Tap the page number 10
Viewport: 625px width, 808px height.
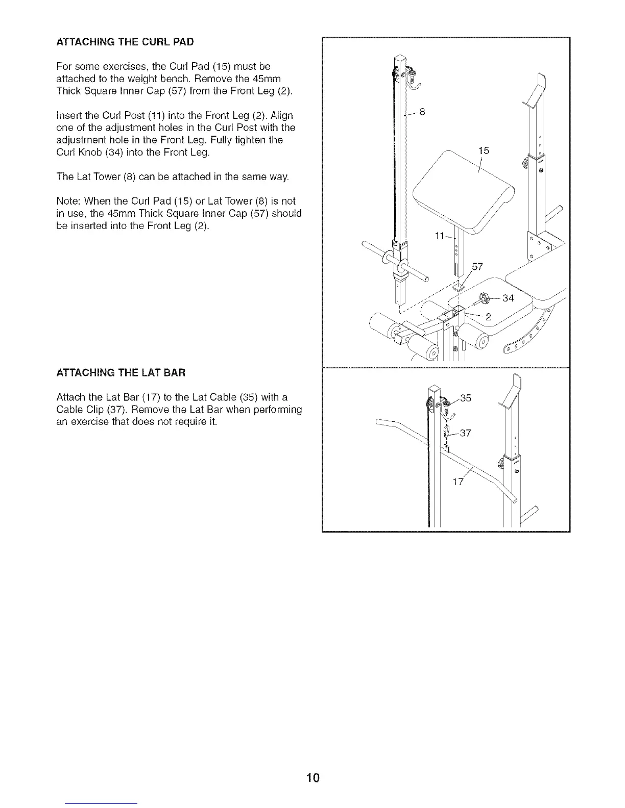(x=313, y=778)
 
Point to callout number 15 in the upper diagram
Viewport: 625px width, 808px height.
(x=484, y=150)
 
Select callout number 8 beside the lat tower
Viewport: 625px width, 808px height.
(x=422, y=112)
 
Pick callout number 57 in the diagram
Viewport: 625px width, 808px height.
(x=477, y=267)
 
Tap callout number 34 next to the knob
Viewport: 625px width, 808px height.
(x=508, y=298)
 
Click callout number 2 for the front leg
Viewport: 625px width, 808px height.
(x=488, y=317)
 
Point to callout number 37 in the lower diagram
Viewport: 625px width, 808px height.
(x=465, y=434)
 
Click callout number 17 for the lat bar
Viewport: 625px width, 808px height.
(x=458, y=482)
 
